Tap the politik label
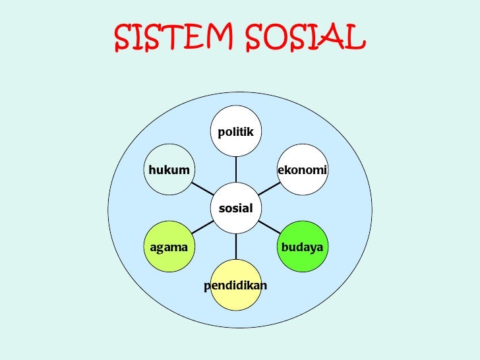coord(235,132)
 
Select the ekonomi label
coord(303,170)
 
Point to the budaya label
coord(302,247)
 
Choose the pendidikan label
coord(235,285)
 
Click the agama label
coord(169,247)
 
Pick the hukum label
coord(169,170)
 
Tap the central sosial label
coord(235,208)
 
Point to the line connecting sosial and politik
coord(235,169)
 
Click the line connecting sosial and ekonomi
coord(269,189)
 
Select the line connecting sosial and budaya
coord(269,227)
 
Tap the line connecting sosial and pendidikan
coord(235,247)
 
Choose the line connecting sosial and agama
coord(202,227)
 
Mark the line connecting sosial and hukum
coord(202,189)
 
